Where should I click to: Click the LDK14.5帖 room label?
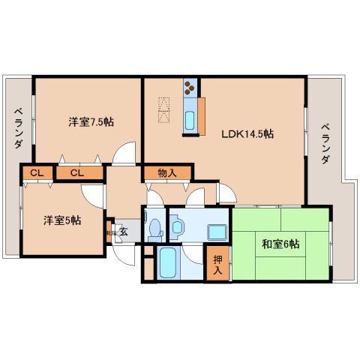click(246, 135)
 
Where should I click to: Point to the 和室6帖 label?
click(281, 243)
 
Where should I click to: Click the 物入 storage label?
click(167, 173)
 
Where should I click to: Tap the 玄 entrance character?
click(123, 232)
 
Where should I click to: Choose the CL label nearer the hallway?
click(76, 174)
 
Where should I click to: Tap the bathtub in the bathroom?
click(167, 264)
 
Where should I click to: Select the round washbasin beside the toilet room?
click(177, 225)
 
